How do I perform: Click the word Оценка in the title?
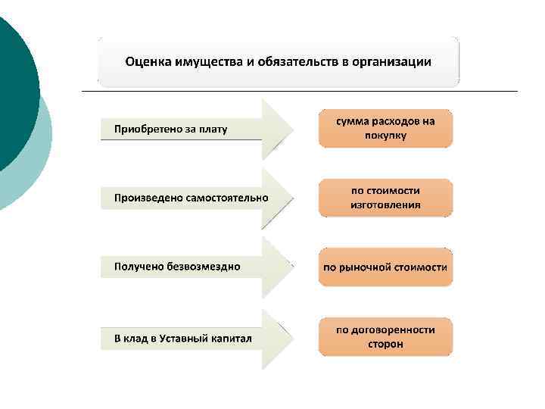coord(146,61)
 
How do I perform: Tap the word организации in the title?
coord(394,61)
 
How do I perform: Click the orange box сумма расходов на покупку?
coord(385,129)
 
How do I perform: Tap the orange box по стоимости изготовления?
coord(385,198)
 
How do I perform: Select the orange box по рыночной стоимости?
coord(385,267)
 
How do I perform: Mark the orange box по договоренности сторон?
coord(385,337)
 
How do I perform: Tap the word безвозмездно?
coord(204,267)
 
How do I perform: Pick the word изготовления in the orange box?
coord(385,205)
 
